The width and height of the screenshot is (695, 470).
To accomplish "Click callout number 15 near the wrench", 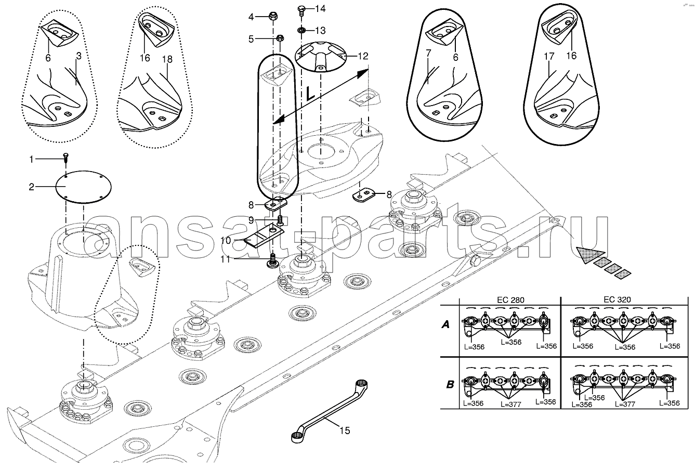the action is [x=345, y=430].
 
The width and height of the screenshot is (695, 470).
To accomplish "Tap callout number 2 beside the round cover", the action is [x=31, y=187].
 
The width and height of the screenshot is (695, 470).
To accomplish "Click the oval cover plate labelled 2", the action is [x=83, y=187].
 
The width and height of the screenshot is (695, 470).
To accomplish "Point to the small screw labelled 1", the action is [x=66, y=159].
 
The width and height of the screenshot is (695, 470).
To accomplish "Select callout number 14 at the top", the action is [x=320, y=8].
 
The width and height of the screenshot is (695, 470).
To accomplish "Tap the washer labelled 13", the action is [x=300, y=30].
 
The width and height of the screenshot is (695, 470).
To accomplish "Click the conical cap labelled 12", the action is [x=320, y=57].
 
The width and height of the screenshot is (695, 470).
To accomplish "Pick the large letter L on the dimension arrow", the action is [x=310, y=93].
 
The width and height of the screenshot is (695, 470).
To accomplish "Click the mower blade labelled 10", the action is [x=265, y=235].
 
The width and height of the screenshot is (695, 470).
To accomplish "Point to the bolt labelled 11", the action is [x=272, y=261].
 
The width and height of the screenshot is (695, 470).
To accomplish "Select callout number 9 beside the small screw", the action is [x=251, y=220].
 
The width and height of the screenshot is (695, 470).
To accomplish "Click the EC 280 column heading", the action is [x=510, y=299].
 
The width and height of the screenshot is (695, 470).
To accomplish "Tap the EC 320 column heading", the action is [x=617, y=299].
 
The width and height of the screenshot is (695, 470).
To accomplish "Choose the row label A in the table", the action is [x=445, y=324].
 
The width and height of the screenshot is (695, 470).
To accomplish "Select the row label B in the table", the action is [x=450, y=384].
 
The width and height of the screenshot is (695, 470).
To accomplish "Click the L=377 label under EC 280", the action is [x=510, y=404].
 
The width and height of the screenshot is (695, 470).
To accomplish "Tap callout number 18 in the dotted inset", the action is [x=167, y=59].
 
